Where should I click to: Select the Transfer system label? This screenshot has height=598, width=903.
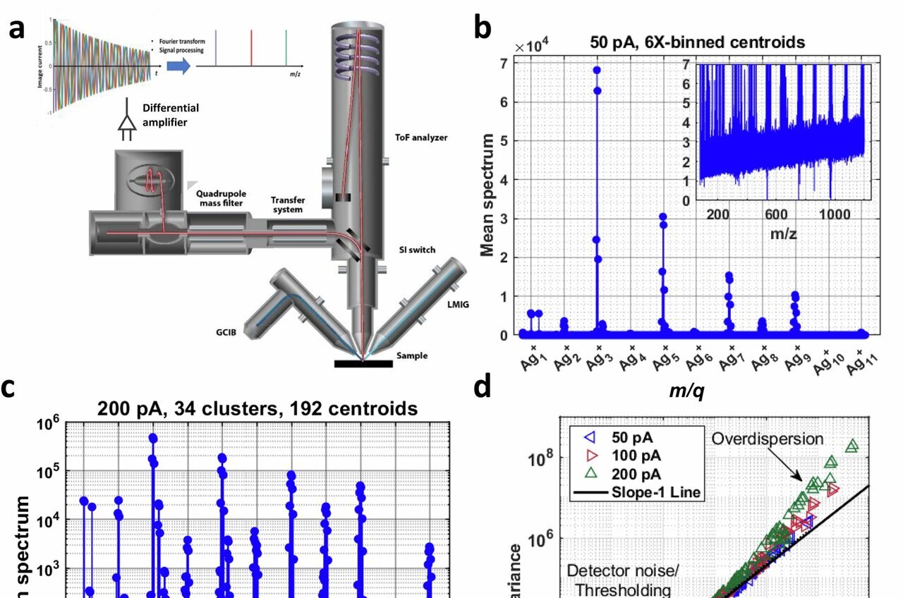point(287,205)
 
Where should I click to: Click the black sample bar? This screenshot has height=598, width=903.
point(363,364)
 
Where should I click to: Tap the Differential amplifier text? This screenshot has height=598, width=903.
point(171,114)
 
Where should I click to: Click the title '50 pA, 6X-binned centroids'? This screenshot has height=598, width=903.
point(697,42)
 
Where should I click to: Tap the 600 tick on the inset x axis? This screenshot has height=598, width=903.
point(775,214)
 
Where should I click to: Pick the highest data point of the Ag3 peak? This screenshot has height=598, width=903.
point(597,70)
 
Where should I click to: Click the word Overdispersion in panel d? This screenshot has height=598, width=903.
point(767,439)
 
